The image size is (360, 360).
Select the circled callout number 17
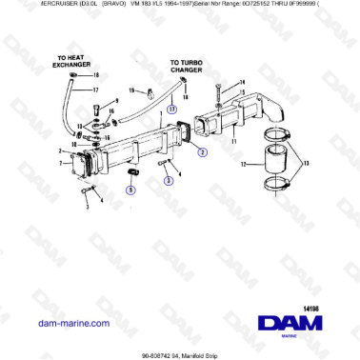click(x=171, y=109)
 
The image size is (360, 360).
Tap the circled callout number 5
click(x=131, y=190)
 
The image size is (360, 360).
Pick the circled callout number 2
click(x=202, y=150)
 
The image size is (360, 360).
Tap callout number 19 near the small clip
click(x=130, y=90)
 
